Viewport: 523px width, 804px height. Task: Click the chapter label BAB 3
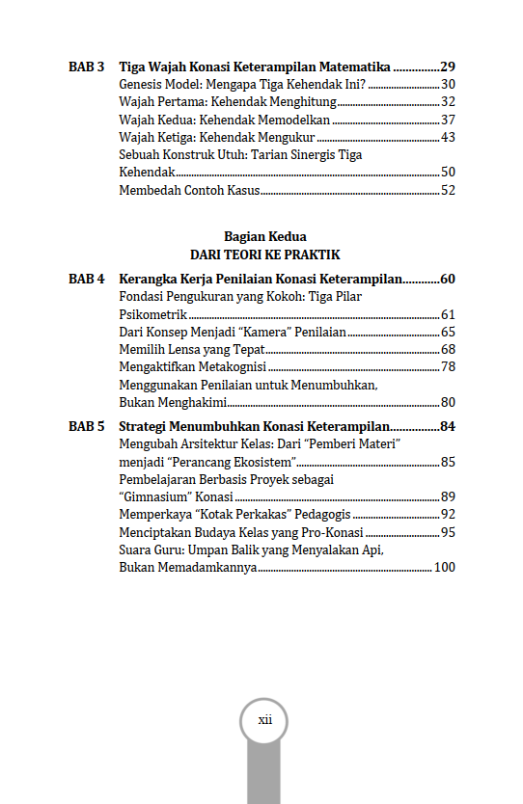[x=87, y=67]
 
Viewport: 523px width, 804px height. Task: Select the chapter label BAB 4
[x=87, y=280]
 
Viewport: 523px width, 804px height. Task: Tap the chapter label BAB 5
[x=87, y=426]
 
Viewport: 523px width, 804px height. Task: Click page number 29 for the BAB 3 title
[x=447, y=67]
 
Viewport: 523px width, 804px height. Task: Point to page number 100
[x=444, y=568]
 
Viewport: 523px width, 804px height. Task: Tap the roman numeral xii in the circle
[x=265, y=720]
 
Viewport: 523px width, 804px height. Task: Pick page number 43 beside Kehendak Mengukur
[x=448, y=138]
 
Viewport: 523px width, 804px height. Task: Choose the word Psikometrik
[x=152, y=315]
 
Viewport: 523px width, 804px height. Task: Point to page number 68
[x=448, y=350]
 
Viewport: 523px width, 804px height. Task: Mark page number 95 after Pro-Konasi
[x=448, y=532]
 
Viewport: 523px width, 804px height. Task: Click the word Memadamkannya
[x=187, y=568]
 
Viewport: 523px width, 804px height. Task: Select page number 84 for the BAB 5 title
[x=447, y=426]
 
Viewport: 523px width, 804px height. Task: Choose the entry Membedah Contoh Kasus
[x=189, y=191]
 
